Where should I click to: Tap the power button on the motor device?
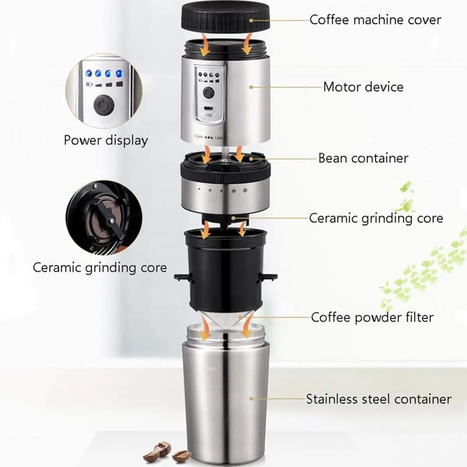[209, 93]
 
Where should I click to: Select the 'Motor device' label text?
[363, 87]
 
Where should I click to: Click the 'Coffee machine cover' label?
[375, 19]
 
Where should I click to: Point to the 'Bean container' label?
[363, 158]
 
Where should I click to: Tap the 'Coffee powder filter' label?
[372, 317]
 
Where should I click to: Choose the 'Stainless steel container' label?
[379, 399]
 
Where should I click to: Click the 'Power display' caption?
[106, 140]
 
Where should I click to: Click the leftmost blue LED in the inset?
[89, 73]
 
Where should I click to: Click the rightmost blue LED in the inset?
[119, 74]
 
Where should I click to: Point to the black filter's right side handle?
[267, 277]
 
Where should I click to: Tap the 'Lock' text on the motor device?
[219, 138]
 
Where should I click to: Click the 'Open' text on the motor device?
[198, 137]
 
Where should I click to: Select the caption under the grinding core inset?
[100, 268]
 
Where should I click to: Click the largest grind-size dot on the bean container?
[245, 190]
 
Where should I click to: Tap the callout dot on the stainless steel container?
[251, 399]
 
